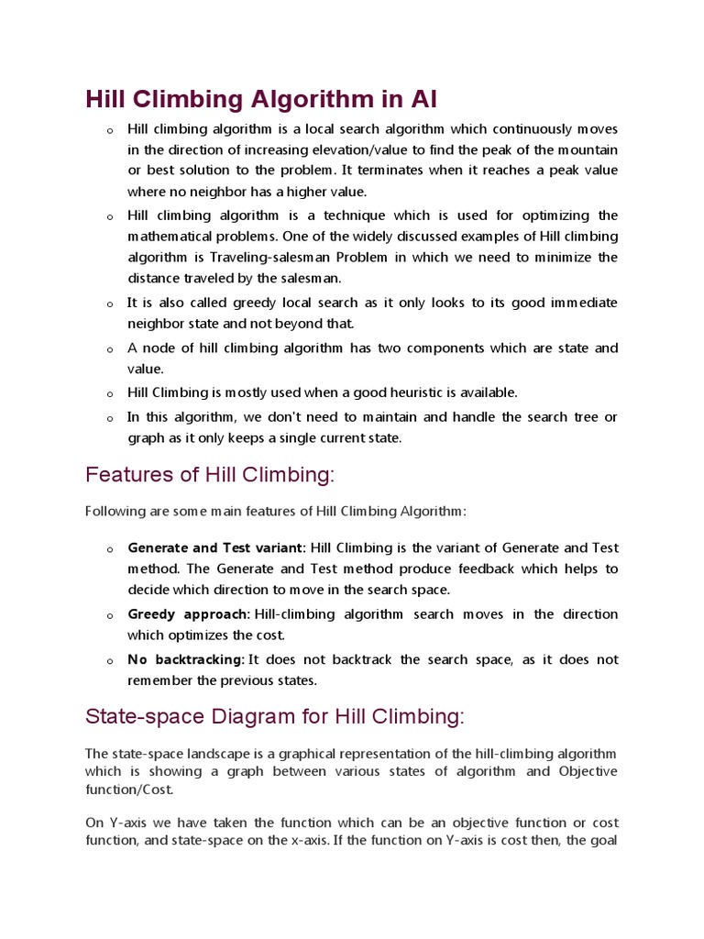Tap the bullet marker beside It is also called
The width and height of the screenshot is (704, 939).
(x=109, y=304)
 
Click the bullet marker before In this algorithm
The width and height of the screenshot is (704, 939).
(x=109, y=418)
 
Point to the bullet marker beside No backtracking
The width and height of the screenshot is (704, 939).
(x=109, y=661)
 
